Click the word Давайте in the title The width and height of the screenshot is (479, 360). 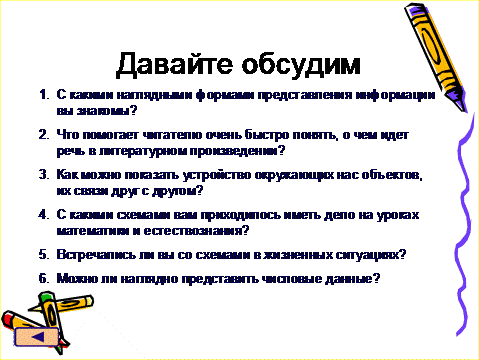pyautogui.click(x=174, y=65)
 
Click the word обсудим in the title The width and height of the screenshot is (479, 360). pyautogui.click(x=301, y=64)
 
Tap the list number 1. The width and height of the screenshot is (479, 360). pyautogui.click(x=44, y=95)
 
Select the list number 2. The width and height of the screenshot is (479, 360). pyautogui.click(x=44, y=135)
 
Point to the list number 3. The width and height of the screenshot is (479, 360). pyautogui.click(x=44, y=175)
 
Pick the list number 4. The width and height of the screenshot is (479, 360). pyautogui.click(x=44, y=215)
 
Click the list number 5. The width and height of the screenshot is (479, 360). pyautogui.click(x=44, y=255)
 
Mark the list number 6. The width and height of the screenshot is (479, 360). pyautogui.click(x=44, y=278)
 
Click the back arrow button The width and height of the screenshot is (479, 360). pyautogui.click(x=37, y=336)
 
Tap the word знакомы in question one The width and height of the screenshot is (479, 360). pyautogui.click(x=107, y=111)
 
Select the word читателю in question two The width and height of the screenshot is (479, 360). pyautogui.click(x=172, y=135)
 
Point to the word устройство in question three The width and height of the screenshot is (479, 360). pyautogui.click(x=217, y=175)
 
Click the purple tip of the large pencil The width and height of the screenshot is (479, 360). pyautogui.click(x=462, y=106)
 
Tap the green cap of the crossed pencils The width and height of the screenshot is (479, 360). pyautogui.click(x=46, y=296)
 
